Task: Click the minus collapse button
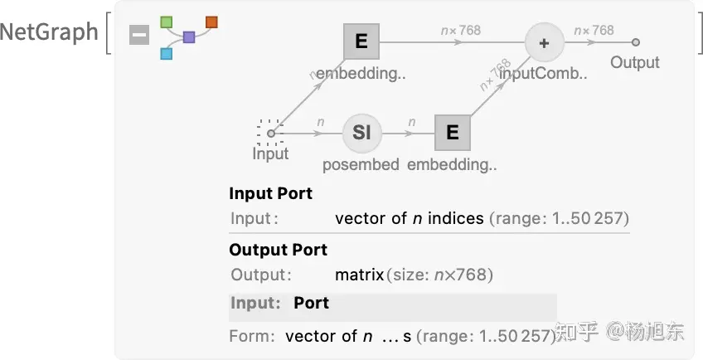pyautogui.click(x=139, y=35)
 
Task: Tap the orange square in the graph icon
pyautogui.click(x=211, y=22)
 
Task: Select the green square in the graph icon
pyautogui.click(x=167, y=20)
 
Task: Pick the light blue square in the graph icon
pyautogui.click(x=166, y=54)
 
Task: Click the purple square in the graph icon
pyautogui.click(x=189, y=37)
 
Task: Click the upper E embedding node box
pyautogui.click(x=361, y=41)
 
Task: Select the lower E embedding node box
pyautogui.click(x=452, y=132)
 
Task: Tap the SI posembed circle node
pyautogui.click(x=361, y=132)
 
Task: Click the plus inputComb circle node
pyautogui.click(x=544, y=42)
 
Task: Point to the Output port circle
pyautogui.click(x=635, y=42)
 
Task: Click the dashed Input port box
pyautogui.click(x=270, y=132)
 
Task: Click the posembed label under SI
pyautogui.click(x=361, y=164)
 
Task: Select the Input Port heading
pyautogui.click(x=270, y=193)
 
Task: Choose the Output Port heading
pyautogui.click(x=278, y=250)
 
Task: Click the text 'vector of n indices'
pyautogui.click(x=409, y=219)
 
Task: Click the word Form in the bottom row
pyautogui.click(x=251, y=336)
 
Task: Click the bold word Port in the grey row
pyautogui.click(x=311, y=303)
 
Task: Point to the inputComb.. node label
pyautogui.click(x=543, y=73)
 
